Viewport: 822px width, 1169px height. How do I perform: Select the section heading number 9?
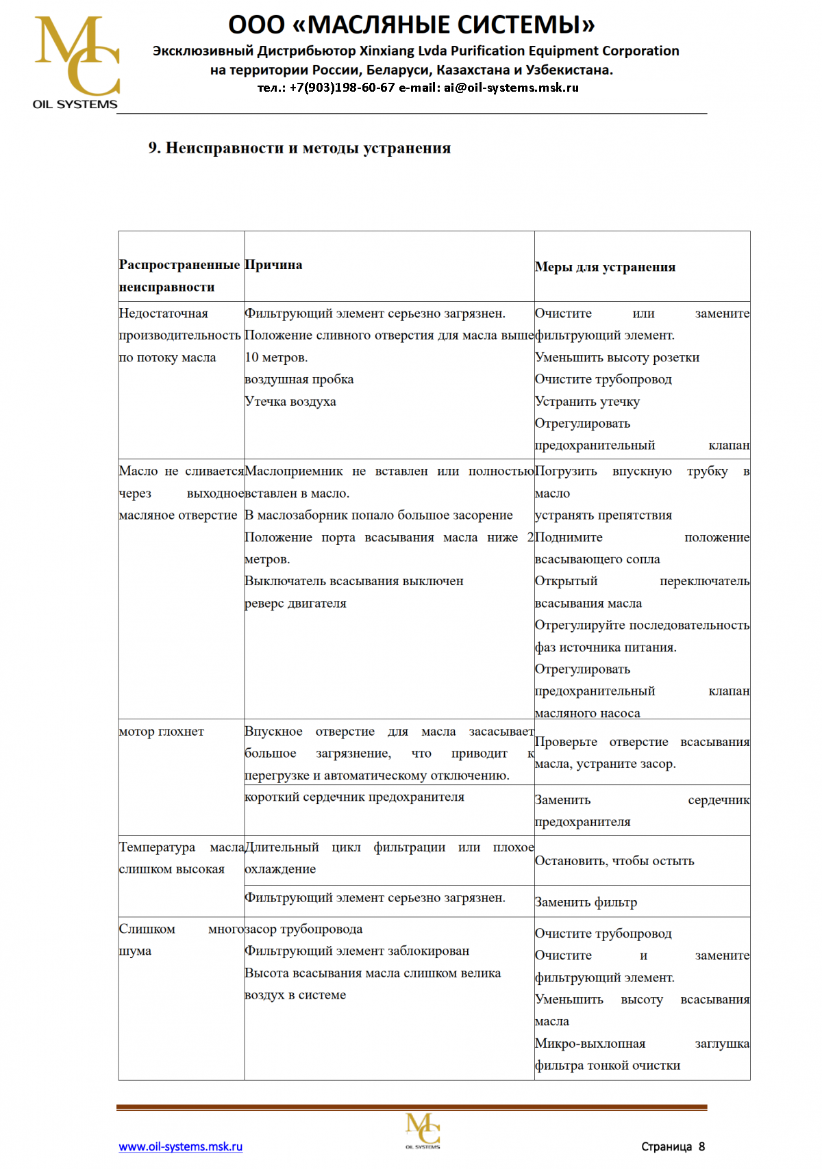point(153,148)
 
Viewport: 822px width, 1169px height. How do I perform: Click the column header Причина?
point(273,265)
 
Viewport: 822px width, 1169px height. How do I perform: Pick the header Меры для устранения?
point(605,267)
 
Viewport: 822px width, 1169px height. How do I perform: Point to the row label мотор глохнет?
point(162,732)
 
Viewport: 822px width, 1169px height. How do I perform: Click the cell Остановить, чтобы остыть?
point(614,861)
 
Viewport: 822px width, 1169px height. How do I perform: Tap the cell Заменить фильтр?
point(586,902)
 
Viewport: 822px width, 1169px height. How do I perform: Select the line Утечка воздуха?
point(290,402)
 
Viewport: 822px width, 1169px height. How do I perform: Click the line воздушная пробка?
point(299,380)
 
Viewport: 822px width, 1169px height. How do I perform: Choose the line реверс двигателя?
point(295,604)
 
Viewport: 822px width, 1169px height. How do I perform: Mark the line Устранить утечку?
point(587,402)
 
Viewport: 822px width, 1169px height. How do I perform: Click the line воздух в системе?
point(295,995)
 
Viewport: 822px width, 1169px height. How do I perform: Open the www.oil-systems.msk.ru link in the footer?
point(181,1146)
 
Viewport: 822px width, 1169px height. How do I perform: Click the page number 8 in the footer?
point(701,1146)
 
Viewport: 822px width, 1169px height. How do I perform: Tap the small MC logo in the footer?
point(423,1131)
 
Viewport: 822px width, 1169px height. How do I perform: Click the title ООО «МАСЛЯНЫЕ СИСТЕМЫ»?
point(411,25)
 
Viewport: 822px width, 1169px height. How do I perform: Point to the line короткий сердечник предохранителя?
point(354,797)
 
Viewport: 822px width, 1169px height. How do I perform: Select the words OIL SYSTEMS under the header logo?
point(75,105)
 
